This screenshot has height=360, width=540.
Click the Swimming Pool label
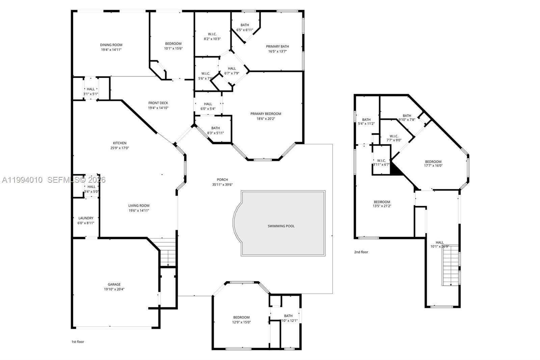[281, 226]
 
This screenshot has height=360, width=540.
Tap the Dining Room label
[111, 45]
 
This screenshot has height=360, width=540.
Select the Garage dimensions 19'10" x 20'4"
[114, 289]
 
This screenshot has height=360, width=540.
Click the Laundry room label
[86, 218]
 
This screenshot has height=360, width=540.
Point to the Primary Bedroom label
[266, 114]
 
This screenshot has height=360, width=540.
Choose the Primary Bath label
[277, 47]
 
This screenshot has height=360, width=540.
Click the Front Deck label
[158, 103]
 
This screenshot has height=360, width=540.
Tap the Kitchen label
[119, 143]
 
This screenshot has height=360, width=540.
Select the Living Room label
[139, 206]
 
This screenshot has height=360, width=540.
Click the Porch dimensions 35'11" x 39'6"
[222, 185]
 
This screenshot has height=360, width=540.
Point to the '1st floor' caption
[78, 342]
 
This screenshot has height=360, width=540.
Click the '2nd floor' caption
[361, 252]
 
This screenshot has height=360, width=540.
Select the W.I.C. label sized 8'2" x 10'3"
[212, 34]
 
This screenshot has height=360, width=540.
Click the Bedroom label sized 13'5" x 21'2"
[382, 202]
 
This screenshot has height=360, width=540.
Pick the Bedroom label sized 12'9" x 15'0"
[241, 317]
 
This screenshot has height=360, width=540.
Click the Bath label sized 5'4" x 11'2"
[366, 120]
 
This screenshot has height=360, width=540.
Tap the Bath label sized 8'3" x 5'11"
[215, 128]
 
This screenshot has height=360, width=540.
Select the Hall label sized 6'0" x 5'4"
[208, 104]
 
